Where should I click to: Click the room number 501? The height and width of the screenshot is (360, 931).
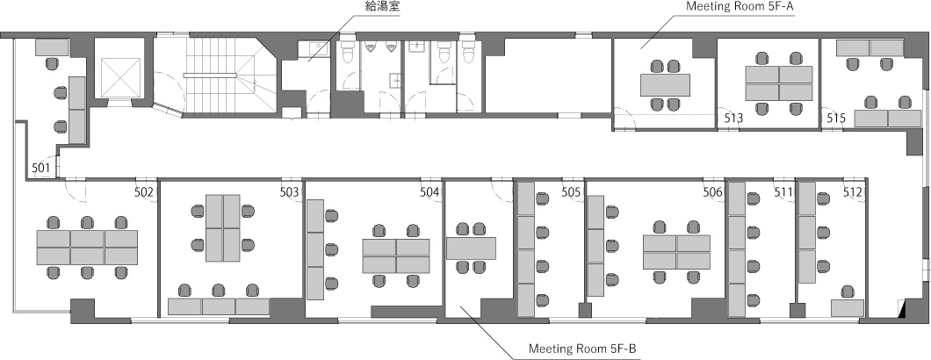41,168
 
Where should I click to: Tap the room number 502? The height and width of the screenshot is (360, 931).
144,192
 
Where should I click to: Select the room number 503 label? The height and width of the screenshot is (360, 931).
289,192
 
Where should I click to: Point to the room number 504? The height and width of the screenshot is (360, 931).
429,192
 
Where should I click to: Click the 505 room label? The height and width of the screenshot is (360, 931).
571,192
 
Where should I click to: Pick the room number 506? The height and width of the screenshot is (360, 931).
712,192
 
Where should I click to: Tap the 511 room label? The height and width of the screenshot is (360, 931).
783,192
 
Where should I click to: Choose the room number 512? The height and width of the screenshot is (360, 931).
853,192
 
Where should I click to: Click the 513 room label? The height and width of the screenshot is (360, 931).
734,119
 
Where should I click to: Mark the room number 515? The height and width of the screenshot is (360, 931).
836,119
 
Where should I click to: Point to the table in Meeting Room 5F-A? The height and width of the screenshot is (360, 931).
665,85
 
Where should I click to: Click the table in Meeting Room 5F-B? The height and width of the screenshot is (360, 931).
471,248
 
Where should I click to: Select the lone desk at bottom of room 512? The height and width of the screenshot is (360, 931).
848,308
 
